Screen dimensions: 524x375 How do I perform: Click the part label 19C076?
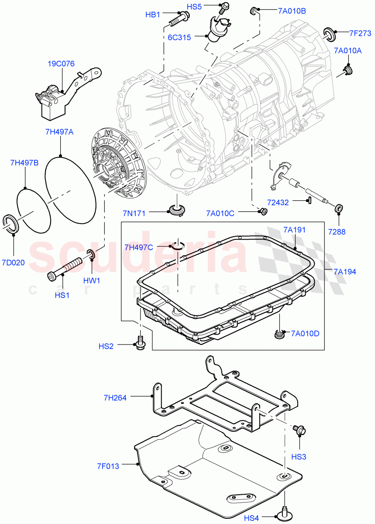click(x=61, y=64)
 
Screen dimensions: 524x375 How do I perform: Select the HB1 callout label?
click(x=153, y=15)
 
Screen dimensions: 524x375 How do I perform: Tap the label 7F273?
click(x=360, y=33)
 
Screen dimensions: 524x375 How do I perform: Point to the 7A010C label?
click(x=220, y=213)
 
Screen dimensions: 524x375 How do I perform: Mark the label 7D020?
click(x=13, y=262)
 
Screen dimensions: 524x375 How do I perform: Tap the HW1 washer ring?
click(x=91, y=254)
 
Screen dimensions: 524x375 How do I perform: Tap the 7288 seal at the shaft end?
click(x=338, y=208)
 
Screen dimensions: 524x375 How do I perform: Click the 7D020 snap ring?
click(x=11, y=224)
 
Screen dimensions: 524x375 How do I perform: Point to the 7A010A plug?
click(x=348, y=71)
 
